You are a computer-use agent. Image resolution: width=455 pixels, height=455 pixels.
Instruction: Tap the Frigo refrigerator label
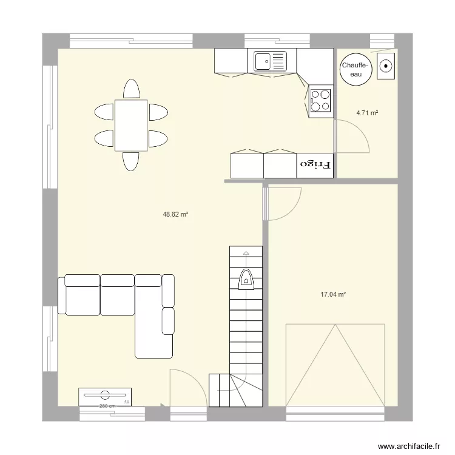tap(315, 164)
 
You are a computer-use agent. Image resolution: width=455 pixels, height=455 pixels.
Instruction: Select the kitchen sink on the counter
tap(270, 61)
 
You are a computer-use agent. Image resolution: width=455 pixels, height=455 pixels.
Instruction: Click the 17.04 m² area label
tap(333, 294)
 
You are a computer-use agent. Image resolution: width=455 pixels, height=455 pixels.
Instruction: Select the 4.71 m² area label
tap(367, 113)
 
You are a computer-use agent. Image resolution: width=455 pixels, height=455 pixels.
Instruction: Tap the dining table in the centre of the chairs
tap(131, 126)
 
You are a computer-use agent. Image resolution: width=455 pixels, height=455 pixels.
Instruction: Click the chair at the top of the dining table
tap(131, 89)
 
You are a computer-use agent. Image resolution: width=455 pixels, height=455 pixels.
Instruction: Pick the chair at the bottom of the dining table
tap(131, 161)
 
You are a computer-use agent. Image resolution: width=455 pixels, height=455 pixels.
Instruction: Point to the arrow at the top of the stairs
tap(246, 251)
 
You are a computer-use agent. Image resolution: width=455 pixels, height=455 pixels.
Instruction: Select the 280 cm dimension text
tap(107, 406)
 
